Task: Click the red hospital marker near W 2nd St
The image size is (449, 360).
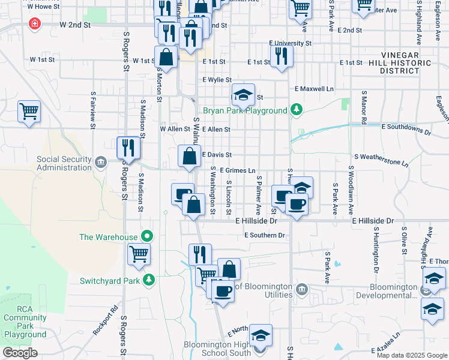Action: pyautogui.click(x=35, y=25)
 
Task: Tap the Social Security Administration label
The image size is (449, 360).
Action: pyautogui.click(x=64, y=163)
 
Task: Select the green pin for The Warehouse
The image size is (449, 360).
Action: pyautogui.click(x=145, y=236)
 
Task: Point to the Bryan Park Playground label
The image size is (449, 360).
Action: pyautogui.click(x=245, y=110)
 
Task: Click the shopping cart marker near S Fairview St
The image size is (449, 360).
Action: pyautogui.click(x=29, y=112)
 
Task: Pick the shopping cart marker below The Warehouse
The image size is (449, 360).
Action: pyautogui.click(x=139, y=254)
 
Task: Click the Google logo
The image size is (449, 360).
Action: pyautogui.click(x=20, y=353)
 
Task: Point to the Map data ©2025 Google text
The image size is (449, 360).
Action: pyautogui.click(x=411, y=355)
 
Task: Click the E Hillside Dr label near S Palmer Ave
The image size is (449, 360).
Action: pyautogui.click(x=256, y=221)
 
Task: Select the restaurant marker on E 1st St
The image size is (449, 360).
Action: pyautogui.click(x=280, y=56)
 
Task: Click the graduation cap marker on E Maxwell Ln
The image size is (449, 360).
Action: pyautogui.click(x=243, y=95)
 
